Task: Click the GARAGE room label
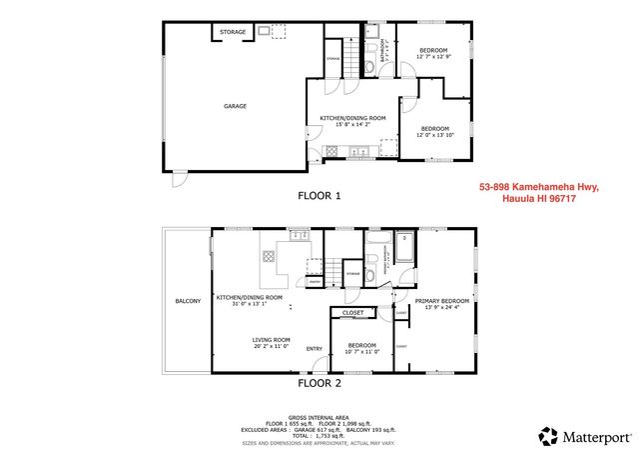pyautogui.click(x=235, y=106)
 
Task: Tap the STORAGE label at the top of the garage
pyautogui.click(x=233, y=32)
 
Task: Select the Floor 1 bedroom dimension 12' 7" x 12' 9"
pyautogui.click(x=433, y=56)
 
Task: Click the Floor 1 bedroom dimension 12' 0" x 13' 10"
pyautogui.click(x=433, y=135)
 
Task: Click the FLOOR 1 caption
pyautogui.click(x=319, y=196)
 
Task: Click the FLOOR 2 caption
pyautogui.click(x=319, y=382)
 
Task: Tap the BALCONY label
pyautogui.click(x=188, y=301)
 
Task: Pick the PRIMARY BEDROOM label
pyautogui.click(x=442, y=300)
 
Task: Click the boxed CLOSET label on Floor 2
pyautogui.click(x=353, y=313)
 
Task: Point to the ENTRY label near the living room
pyautogui.click(x=315, y=349)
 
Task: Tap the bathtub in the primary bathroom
pyautogui.click(x=405, y=247)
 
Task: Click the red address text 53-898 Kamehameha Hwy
pyautogui.click(x=538, y=187)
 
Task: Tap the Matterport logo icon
pyautogui.click(x=548, y=436)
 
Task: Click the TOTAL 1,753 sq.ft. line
pyautogui.click(x=318, y=435)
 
